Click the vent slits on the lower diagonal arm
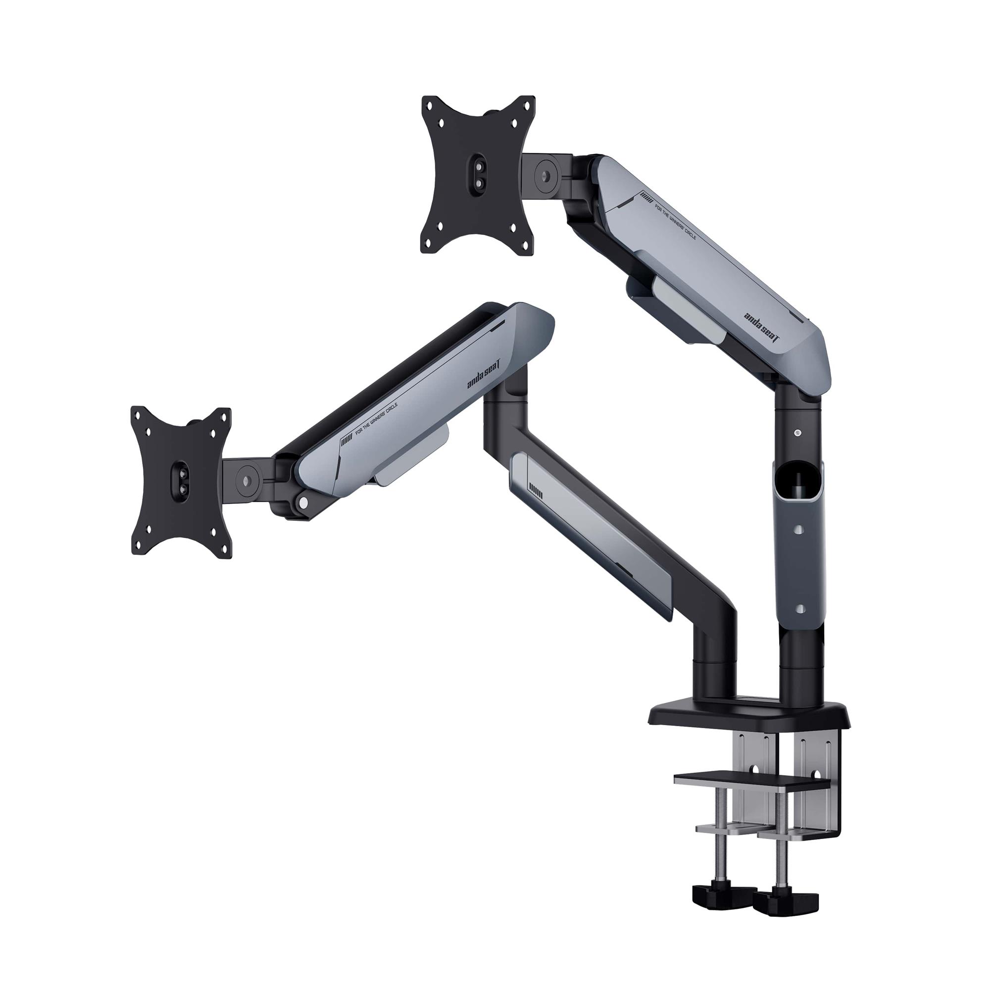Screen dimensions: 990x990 (x=536, y=492)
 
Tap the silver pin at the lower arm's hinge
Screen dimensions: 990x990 (x=304, y=501)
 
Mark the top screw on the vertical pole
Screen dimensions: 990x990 (x=797, y=433)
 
